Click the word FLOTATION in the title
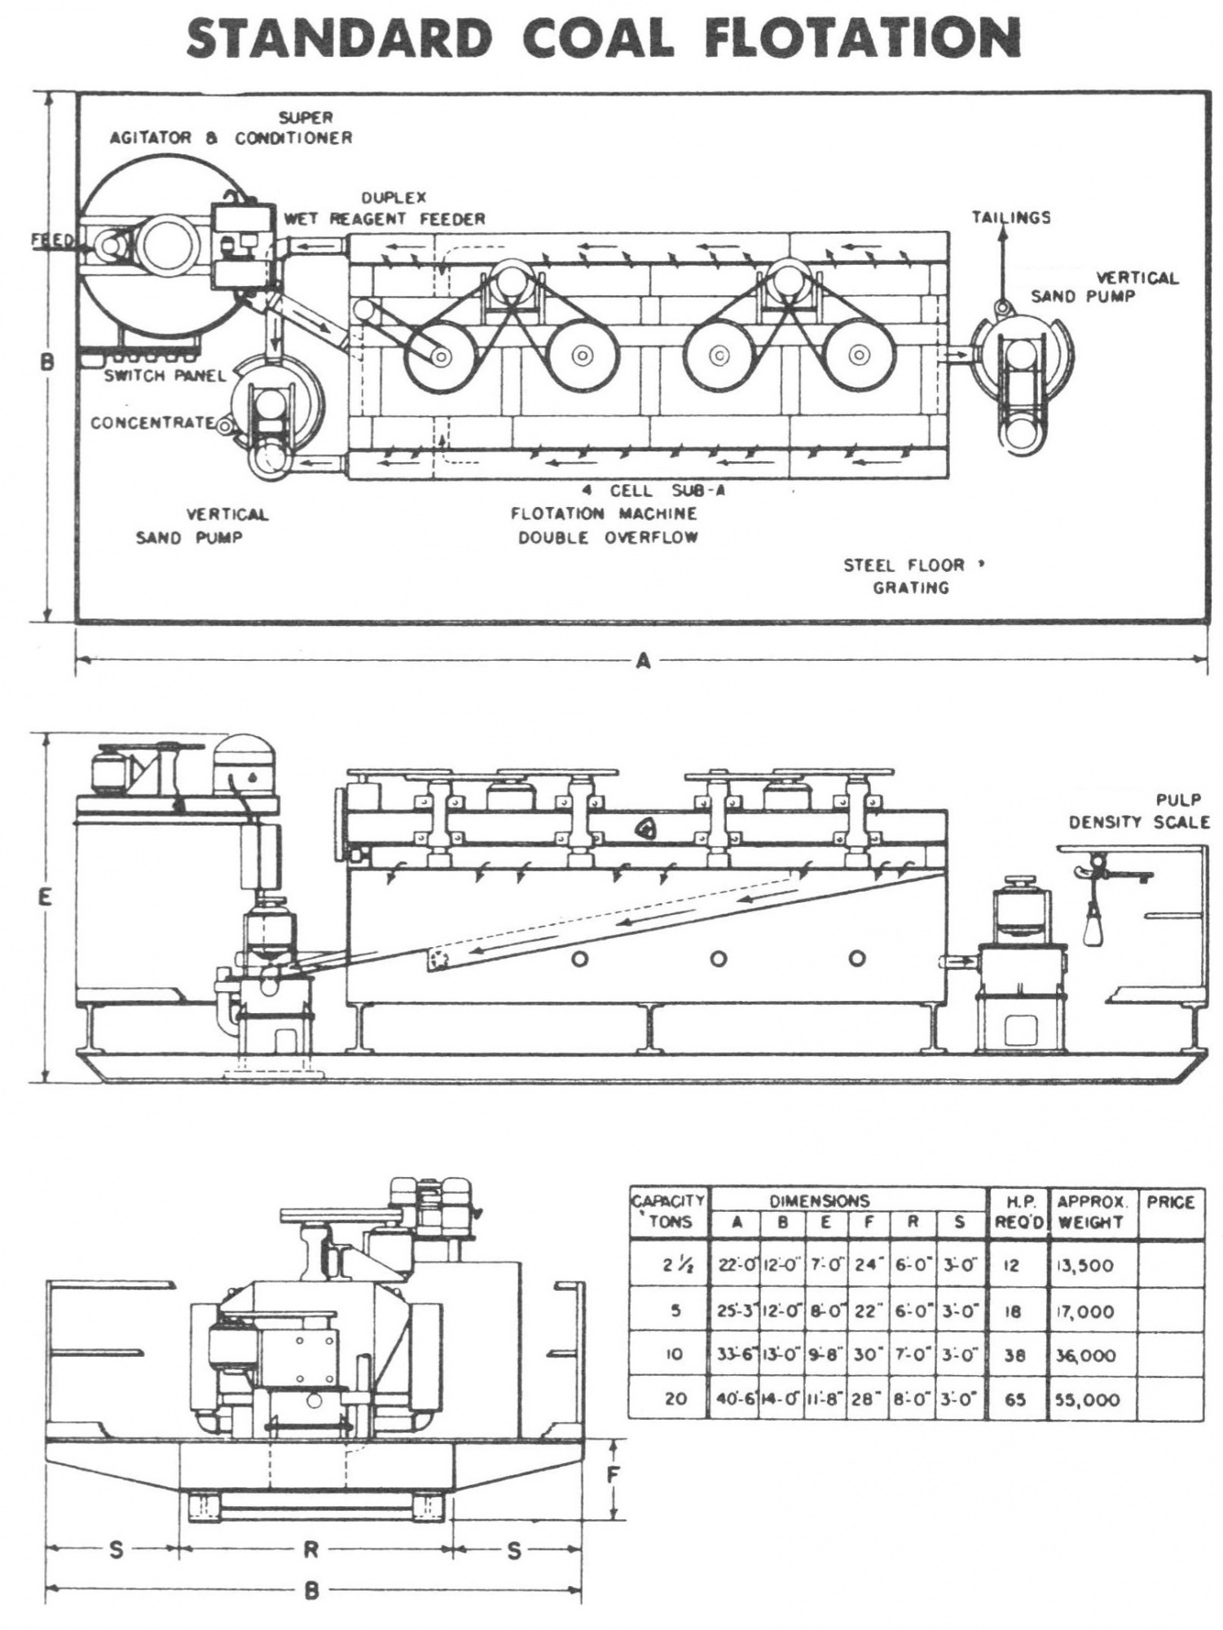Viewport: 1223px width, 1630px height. tap(863, 38)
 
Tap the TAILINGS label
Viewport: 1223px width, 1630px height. tap(1010, 218)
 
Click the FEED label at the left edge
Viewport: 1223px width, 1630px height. tap(51, 240)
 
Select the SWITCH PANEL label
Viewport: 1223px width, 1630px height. tap(153, 376)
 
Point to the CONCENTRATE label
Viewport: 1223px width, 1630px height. tap(152, 423)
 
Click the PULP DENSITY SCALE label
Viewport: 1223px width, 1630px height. tap(1138, 811)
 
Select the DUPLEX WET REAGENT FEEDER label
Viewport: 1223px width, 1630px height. tap(385, 209)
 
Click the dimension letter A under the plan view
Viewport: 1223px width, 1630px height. tap(643, 662)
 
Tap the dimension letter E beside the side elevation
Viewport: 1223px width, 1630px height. tap(45, 897)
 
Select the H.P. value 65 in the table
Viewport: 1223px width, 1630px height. tap(1015, 1400)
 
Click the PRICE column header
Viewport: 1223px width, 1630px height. tap(1169, 1202)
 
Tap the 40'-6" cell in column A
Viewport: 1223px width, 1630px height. tap(736, 1400)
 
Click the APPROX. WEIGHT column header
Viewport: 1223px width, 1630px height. tap(1090, 1212)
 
